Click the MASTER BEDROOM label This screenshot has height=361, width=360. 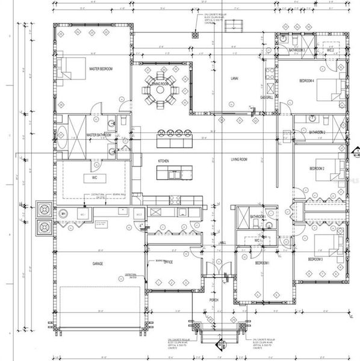(101, 69)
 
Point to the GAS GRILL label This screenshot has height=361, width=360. (266, 97)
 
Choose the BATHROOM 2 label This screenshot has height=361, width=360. (317, 132)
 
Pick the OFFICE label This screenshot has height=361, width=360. (168, 262)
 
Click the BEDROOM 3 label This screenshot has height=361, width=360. (315, 259)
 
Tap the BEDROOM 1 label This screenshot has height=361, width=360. (261, 264)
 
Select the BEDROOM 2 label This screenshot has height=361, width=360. (317, 168)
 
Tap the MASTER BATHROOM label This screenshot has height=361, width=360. (99, 135)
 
